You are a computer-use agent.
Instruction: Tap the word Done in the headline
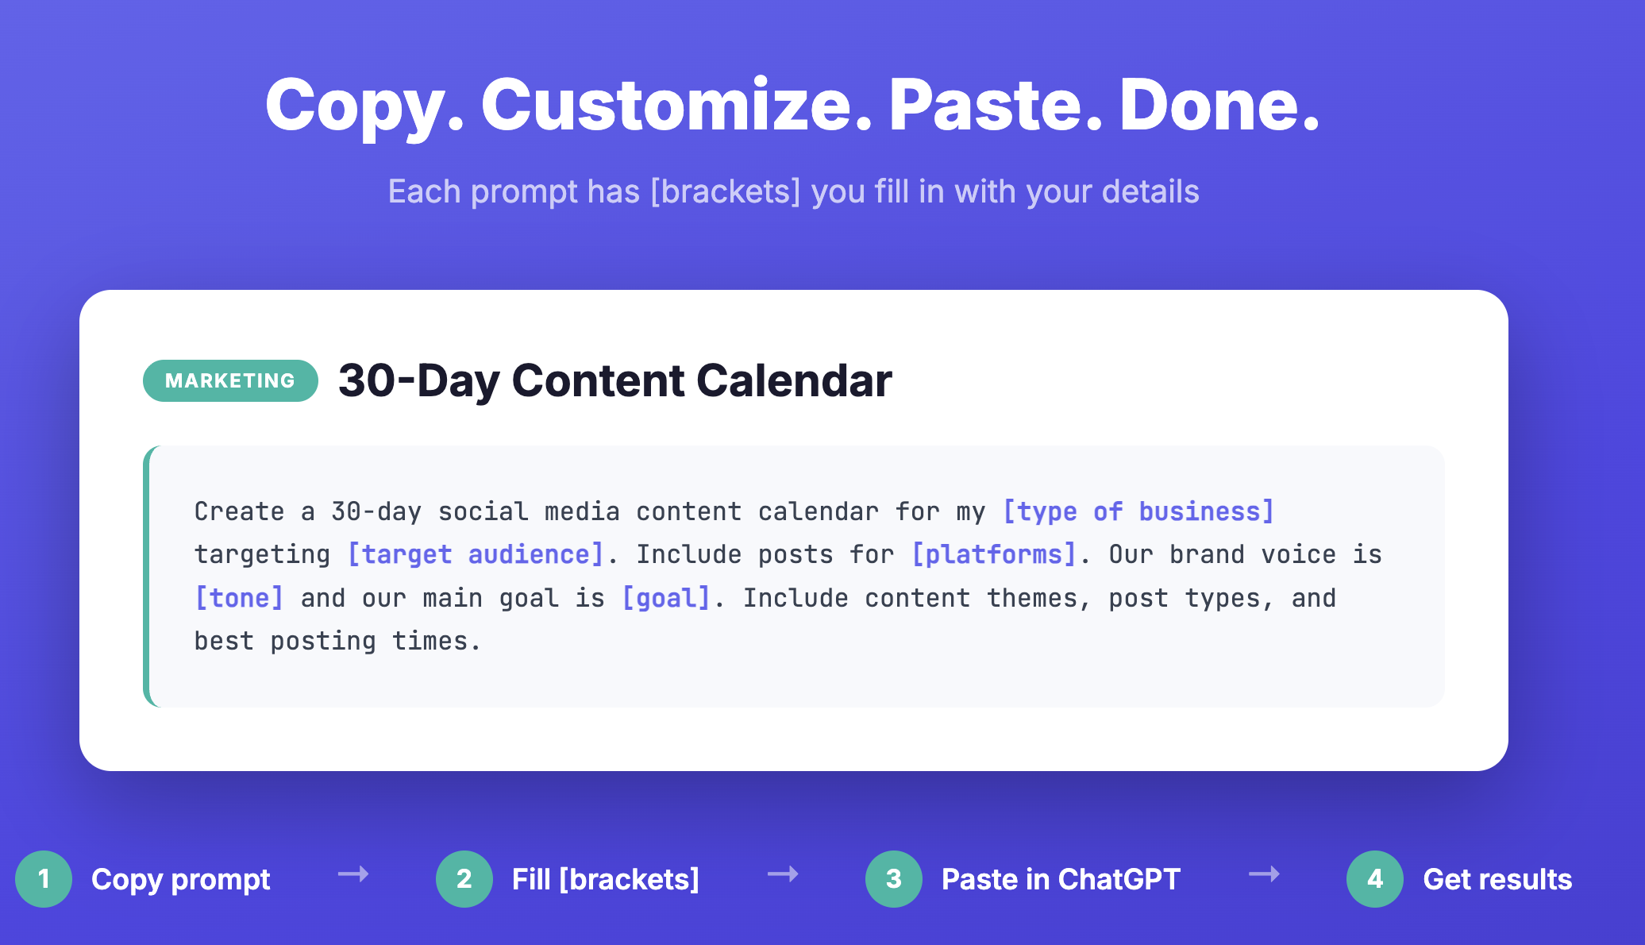coord(1218,105)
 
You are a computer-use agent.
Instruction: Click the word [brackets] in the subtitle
coord(726,191)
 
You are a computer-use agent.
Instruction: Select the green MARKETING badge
coord(230,380)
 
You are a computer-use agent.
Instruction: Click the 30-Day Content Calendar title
coord(614,380)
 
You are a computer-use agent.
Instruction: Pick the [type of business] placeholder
coord(1138,511)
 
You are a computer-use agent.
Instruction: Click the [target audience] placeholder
coord(476,554)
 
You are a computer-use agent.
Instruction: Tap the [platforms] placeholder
coord(993,554)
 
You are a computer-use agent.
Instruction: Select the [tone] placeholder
coord(239,598)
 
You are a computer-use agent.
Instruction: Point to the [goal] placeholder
coord(665,598)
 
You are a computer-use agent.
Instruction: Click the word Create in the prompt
coord(239,511)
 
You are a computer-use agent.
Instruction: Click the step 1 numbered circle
coord(44,879)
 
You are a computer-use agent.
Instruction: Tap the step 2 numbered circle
coord(464,879)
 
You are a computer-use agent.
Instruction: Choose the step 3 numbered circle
coord(894,879)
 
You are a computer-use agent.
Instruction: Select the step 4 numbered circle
coord(1375,879)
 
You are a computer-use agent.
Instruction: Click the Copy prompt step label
coord(181,879)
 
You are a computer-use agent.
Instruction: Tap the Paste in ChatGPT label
coord(1061,879)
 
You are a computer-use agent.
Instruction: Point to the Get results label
coord(1497,879)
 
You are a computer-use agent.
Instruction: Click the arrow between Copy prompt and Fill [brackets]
coord(353,874)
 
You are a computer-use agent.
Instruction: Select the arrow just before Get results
coord(1264,874)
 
